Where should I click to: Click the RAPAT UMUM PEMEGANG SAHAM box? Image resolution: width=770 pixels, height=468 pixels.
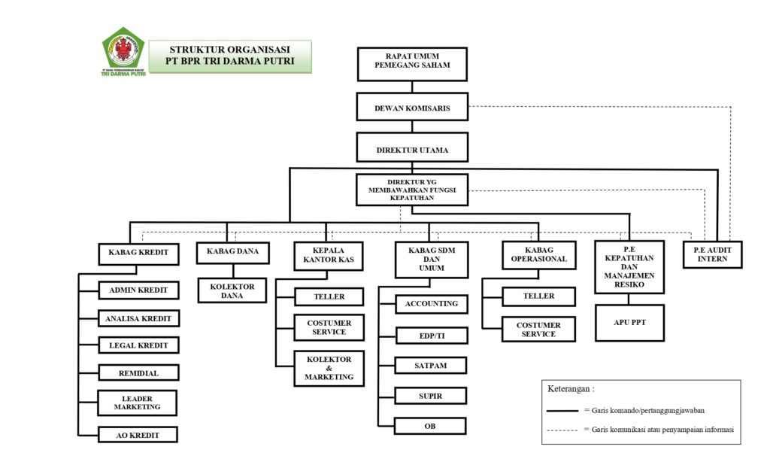click(411, 64)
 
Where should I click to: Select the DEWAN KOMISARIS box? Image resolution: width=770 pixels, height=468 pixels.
click(412, 108)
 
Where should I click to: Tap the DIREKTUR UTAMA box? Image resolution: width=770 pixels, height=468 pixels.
click(412, 149)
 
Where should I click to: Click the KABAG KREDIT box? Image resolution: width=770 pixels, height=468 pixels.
click(138, 253)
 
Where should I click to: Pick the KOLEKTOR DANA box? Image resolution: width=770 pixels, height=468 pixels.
click(232, 290)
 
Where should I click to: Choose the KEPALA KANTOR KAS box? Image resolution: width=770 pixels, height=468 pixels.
click(328, 256)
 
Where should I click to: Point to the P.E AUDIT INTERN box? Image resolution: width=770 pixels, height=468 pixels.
click(713, 256)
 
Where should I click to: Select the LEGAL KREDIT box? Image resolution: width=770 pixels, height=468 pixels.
click(138, 345)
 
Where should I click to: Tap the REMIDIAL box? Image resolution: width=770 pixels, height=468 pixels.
click(138, 372)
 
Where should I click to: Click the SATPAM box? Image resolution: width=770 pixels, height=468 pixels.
click(431, 366)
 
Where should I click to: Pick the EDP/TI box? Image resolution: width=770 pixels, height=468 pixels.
click(431, 335)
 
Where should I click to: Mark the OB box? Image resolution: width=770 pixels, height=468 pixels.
click(431, 426)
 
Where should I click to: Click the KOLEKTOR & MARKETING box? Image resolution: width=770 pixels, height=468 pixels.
click(329, 368)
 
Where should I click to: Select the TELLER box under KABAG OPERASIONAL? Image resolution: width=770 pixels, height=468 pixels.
click(538, 296)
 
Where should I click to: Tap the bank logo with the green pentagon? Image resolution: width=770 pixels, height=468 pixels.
click(123, 52)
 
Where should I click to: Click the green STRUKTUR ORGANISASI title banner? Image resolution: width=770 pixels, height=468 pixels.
click(231, 56)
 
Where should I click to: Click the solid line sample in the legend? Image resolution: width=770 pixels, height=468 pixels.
click(563, 411)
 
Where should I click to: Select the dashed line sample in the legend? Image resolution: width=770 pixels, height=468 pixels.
click(563, 430)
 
